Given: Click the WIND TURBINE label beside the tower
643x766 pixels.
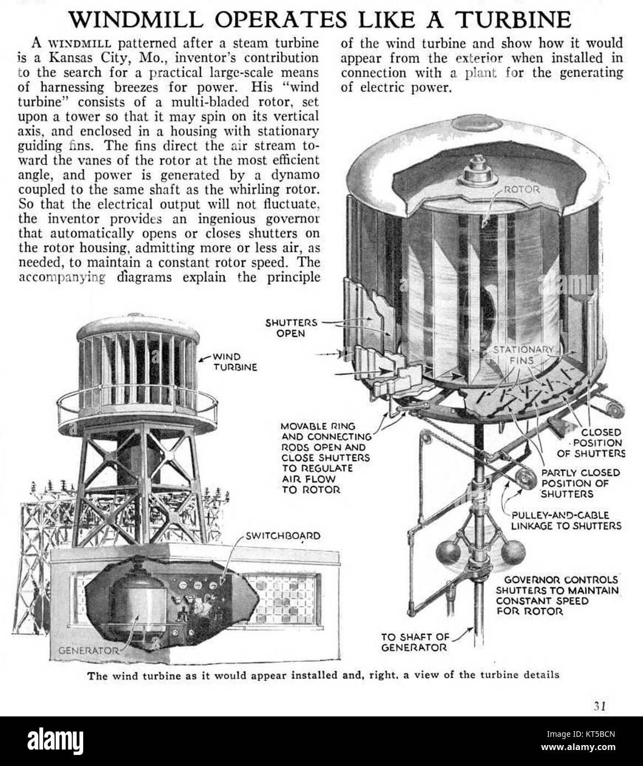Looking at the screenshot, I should coord(235,362).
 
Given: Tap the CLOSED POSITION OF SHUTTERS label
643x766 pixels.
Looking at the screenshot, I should coord(598,443).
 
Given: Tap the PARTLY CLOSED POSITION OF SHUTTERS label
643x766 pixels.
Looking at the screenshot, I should coord(580,483).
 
